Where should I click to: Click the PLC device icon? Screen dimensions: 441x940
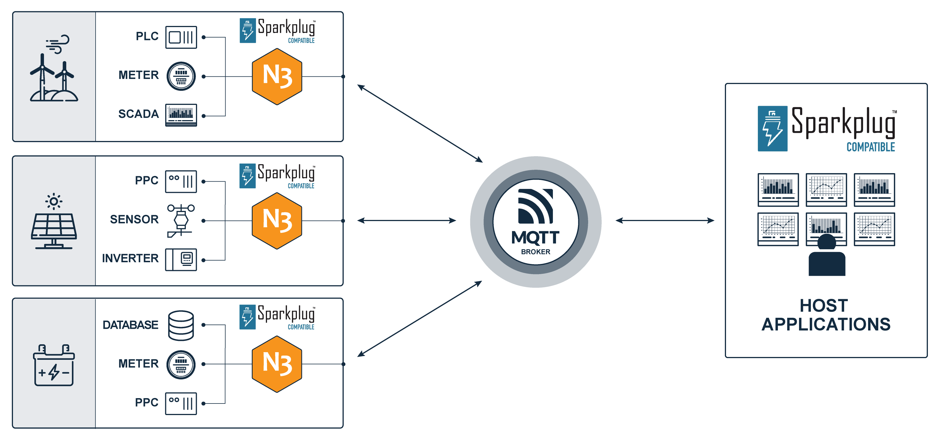coord(181,37)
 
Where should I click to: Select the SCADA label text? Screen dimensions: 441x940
coord(139,114)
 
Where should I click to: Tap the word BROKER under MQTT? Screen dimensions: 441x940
coord(535,252)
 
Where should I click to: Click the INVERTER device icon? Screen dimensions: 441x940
coord(181,260)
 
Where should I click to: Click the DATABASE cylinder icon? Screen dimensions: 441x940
coord(181,325)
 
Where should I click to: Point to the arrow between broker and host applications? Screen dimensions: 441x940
coord(665,220)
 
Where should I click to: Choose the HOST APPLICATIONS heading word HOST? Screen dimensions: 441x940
coord(824,306)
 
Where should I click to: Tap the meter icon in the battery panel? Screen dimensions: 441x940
coord(181,364)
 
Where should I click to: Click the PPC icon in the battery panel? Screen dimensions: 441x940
coord(181,403)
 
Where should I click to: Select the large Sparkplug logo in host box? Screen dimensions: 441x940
coord(826,129)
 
